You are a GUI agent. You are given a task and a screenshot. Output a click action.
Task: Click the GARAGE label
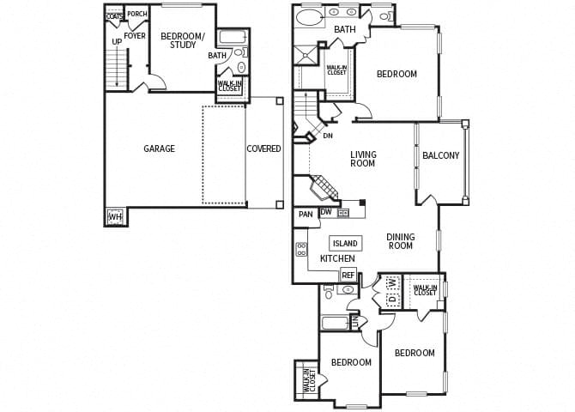[x=159, y=148]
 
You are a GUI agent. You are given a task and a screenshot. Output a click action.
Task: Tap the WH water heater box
[x=114, y=217]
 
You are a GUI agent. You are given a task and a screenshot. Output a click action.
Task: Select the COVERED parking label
[x=263, y=148]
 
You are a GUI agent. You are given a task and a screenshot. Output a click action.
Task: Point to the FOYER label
[x=135, y=36]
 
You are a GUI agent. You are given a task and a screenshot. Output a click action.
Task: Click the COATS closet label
[x=114, y=15]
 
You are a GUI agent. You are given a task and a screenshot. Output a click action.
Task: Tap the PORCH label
[x=137, y=15]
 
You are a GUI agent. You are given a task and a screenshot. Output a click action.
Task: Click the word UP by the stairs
[x=116, y=41]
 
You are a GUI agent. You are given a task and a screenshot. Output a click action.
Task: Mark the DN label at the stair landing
[x=327, y=136]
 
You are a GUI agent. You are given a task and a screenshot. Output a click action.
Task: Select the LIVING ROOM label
[x=363, y=159]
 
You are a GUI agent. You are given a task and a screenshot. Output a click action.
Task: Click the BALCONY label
[x=441, y=155]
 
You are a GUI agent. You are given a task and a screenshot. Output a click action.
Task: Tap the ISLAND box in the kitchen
[x=344, y=244]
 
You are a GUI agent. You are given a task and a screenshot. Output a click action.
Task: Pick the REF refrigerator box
[x=348, y=275]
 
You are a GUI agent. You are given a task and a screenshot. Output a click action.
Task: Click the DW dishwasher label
[x=326, y=212]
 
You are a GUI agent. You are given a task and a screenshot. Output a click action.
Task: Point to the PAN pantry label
[x=305, y=215]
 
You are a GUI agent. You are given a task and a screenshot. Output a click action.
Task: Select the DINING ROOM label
[x=399, y=241]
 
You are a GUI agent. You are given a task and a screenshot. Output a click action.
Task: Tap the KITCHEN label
[x=337, y=258]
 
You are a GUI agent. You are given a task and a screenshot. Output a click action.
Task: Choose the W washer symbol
[x=390, y=282]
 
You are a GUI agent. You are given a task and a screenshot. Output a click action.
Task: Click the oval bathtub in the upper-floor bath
[x=311, y=16]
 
